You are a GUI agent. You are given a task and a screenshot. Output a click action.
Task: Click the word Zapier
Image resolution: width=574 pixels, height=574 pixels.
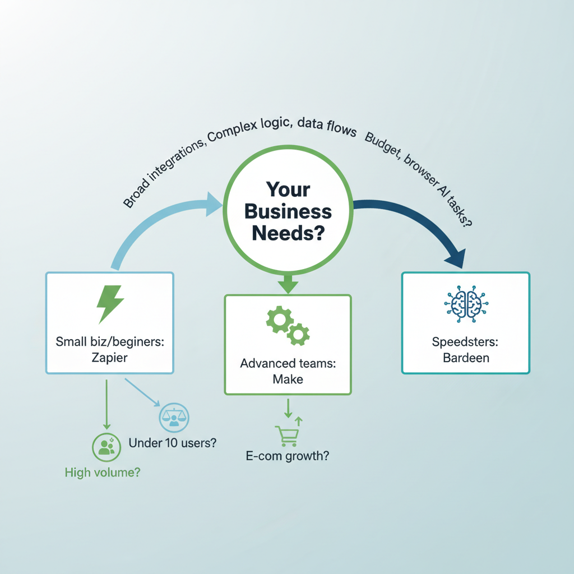click(109, 357)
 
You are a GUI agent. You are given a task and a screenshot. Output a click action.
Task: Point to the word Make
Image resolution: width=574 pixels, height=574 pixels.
click(288, 379)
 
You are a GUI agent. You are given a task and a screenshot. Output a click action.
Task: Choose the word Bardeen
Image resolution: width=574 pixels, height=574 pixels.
click(465, 357)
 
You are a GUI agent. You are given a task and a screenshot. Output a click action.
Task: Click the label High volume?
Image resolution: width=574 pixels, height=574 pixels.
click(103, 473)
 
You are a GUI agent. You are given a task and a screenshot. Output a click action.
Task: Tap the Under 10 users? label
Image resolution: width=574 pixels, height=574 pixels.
click(173, 443)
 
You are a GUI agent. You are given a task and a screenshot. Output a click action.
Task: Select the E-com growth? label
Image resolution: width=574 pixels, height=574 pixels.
click(288, 456)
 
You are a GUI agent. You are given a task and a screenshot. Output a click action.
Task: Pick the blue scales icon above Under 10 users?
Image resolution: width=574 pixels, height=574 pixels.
click(174, 416)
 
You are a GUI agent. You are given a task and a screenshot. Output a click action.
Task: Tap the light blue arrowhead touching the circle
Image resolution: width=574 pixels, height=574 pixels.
click(215, 204)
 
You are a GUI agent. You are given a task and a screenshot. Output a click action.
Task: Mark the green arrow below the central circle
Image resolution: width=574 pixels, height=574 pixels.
click(288, 284)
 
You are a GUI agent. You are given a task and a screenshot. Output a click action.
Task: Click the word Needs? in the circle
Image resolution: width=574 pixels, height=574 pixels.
click(288, 232)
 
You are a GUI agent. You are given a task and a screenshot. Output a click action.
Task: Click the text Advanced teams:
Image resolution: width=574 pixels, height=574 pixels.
click(288, 363)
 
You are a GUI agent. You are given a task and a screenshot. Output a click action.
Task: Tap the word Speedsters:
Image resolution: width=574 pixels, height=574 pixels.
click(465, 341)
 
